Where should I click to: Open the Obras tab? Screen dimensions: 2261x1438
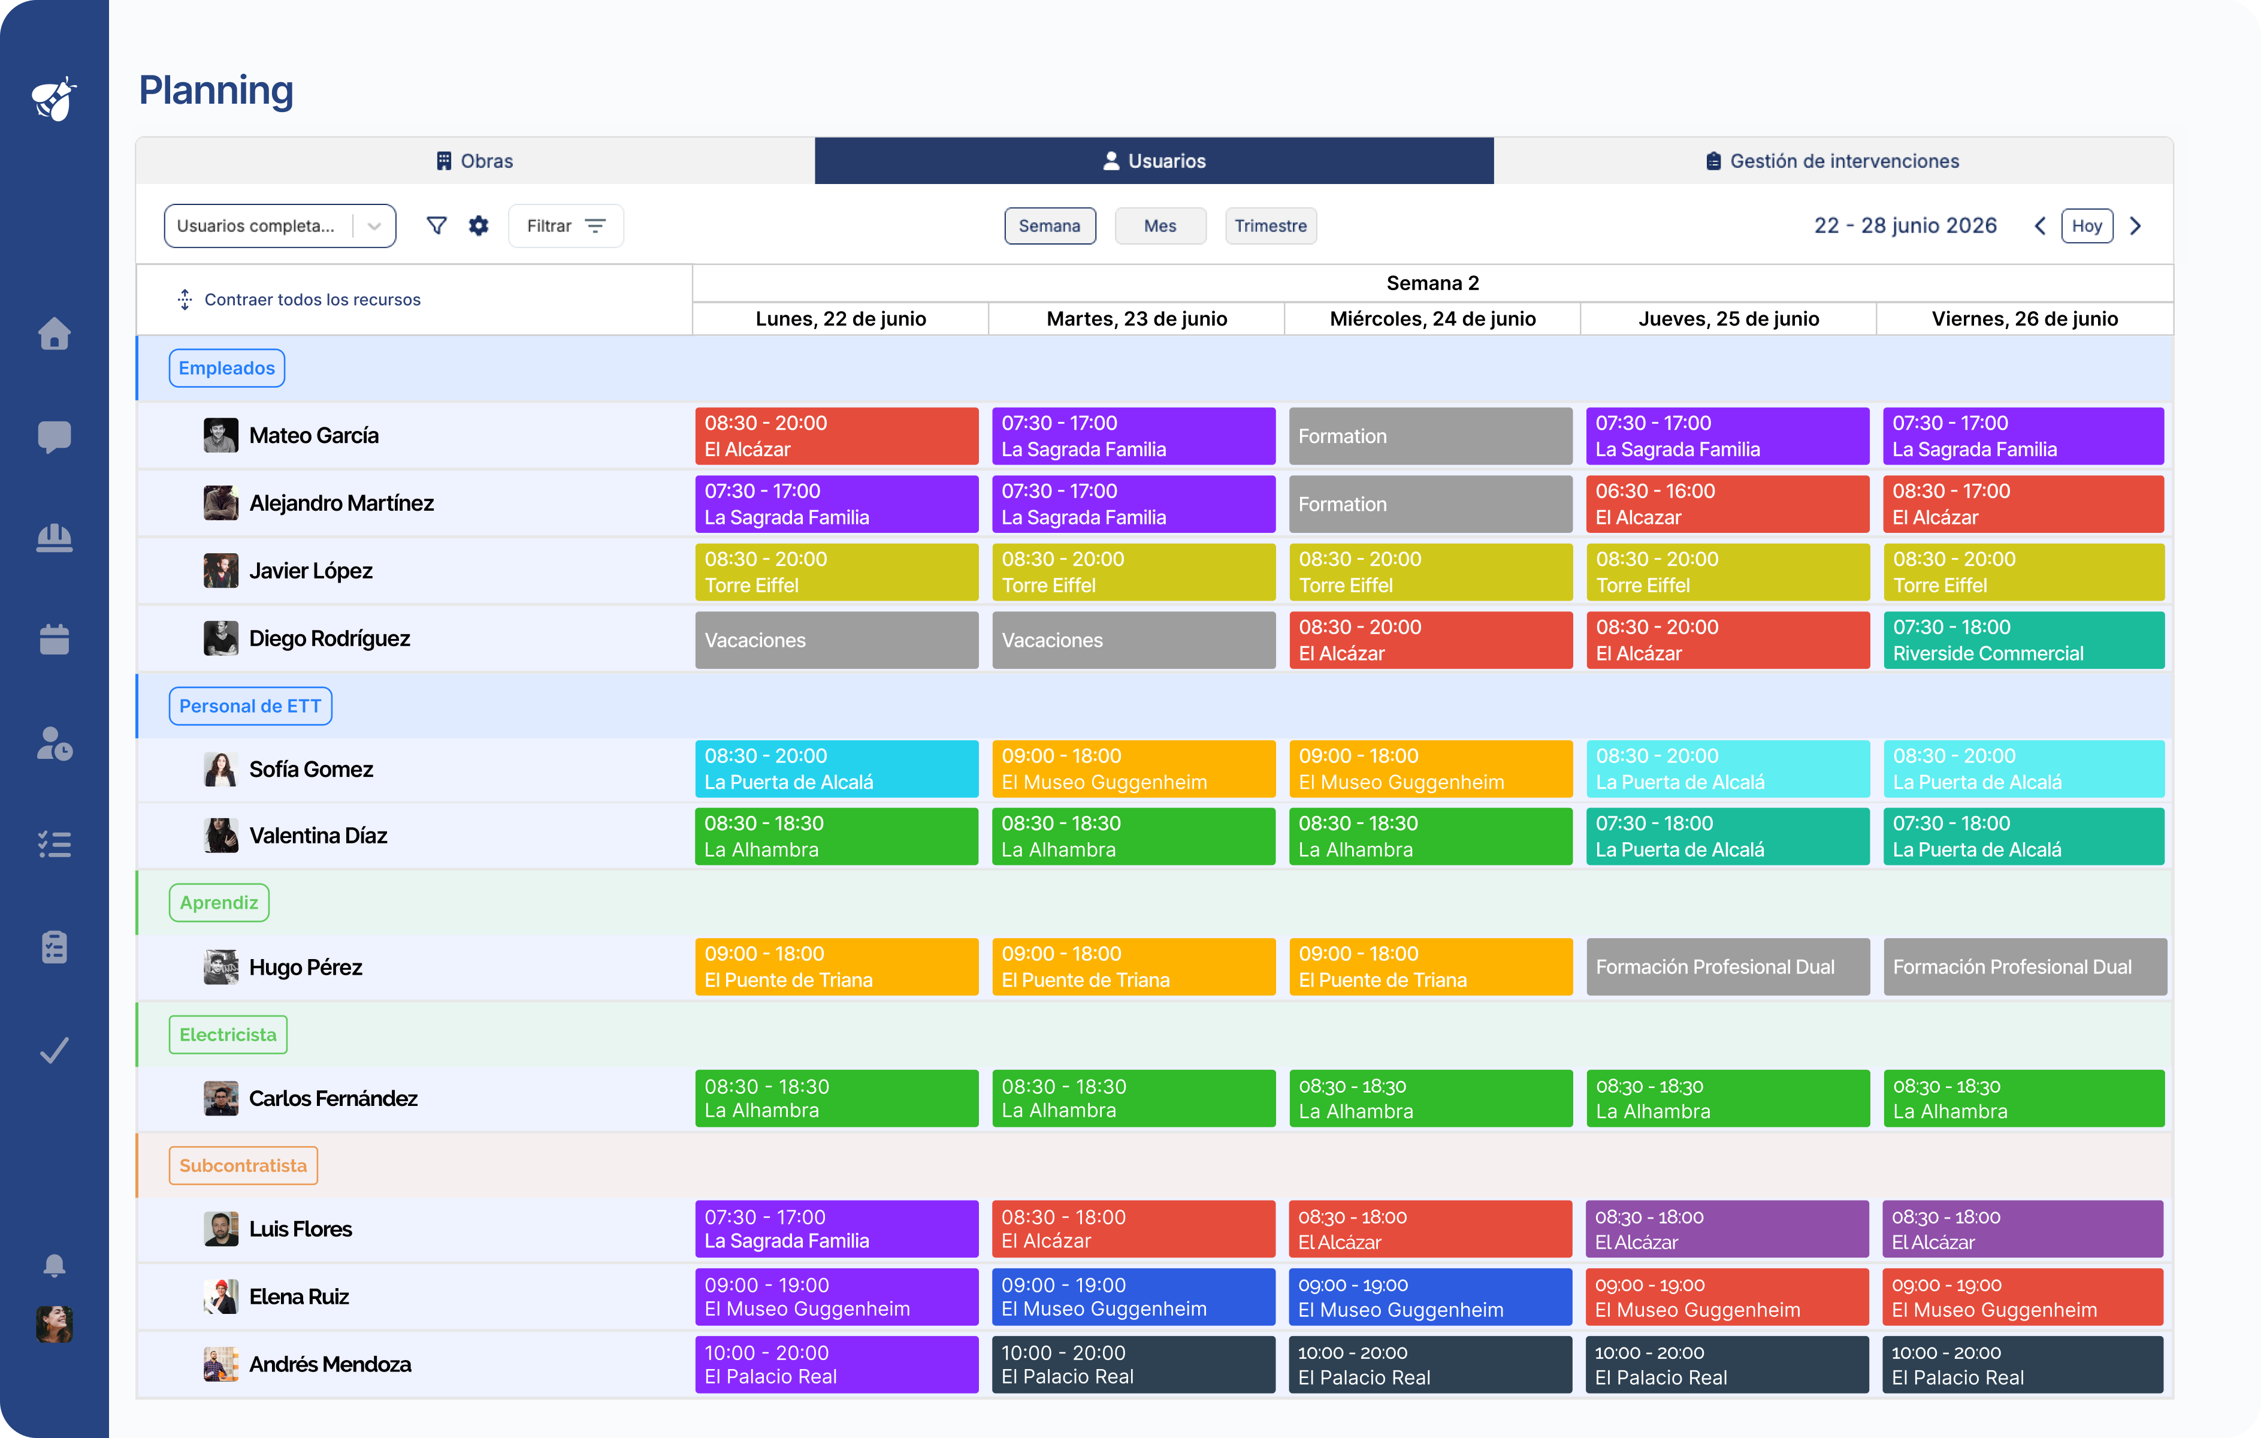475,161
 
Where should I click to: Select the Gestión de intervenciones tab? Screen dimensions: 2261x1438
1832,161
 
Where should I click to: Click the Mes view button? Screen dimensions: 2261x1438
1160,225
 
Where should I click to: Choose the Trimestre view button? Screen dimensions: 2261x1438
1271,225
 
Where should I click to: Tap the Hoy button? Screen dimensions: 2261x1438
2086,225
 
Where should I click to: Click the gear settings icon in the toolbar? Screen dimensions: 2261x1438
479,225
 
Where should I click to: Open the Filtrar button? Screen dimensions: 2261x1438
566,225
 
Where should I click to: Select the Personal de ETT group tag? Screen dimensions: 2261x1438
250,706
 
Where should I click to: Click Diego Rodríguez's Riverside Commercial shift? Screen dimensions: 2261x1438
2023,640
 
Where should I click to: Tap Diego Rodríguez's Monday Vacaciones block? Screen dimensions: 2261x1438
836,640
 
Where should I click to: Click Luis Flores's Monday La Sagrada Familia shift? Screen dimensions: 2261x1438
836,1229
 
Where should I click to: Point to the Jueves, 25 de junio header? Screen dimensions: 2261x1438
1728,318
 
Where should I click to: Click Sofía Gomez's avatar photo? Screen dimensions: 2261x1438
220,769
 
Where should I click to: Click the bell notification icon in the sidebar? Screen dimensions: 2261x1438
55,1265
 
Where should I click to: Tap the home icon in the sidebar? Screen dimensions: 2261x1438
55,333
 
